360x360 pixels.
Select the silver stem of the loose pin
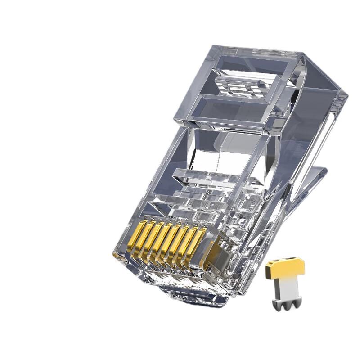(x=285, y=288)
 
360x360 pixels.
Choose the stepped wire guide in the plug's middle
(x=211, y=184)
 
